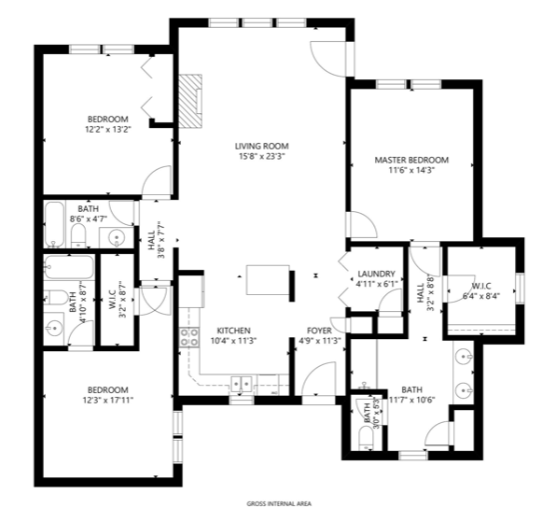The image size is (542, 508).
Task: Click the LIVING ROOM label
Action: [261, 146]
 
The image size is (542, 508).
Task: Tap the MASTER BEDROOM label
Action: [411, 160]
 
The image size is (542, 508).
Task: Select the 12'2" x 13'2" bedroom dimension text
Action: [108, 130]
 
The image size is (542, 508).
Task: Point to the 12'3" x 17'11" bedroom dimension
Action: [108, 401]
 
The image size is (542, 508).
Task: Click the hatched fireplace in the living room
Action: [189, 100]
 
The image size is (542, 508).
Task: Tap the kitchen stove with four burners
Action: [189, 337]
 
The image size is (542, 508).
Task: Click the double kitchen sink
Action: [242, 384]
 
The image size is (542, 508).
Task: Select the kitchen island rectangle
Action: [268, 280]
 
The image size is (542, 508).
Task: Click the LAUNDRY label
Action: [376, 274]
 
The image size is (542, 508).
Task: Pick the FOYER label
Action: [319, 331]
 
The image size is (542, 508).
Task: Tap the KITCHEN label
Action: [233, 331]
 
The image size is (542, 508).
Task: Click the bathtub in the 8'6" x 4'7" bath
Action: [55, 224]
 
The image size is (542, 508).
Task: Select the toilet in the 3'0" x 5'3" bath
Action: [366, 438]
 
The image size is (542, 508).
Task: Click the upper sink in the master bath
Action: [464, 356]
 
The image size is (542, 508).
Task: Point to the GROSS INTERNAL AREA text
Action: [279, 504]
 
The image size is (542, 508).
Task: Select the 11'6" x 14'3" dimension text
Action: [411, 170]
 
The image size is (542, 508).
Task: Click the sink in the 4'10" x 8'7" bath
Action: [54, 328]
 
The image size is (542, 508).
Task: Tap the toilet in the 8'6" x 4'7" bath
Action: [78, 235]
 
